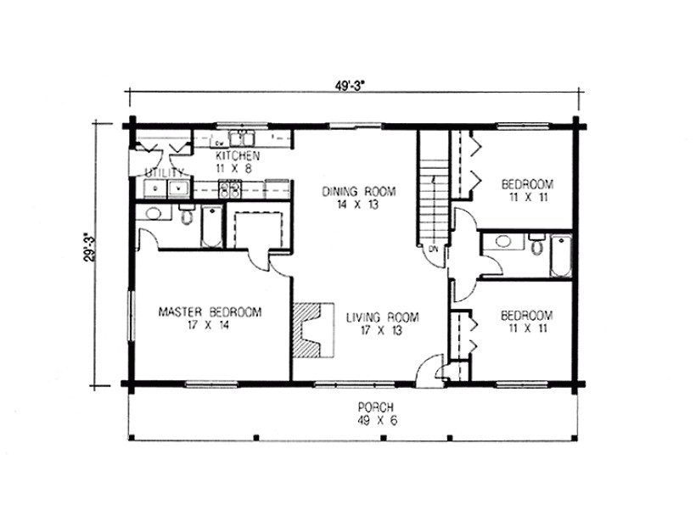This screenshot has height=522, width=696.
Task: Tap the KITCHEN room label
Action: point(232,157)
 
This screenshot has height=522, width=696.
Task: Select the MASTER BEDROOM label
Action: point(210,312)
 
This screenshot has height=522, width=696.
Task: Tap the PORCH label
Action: point(373,406)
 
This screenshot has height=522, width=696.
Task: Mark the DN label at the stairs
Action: point(433,249)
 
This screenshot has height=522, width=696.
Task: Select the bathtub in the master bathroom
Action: point(210,225)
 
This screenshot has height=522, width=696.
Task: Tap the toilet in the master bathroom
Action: point(187,215)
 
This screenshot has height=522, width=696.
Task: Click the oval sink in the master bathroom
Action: point(153,213)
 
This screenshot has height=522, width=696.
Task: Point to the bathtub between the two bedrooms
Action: point(561,255)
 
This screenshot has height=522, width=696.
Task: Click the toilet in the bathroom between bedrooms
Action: point(536,246)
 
